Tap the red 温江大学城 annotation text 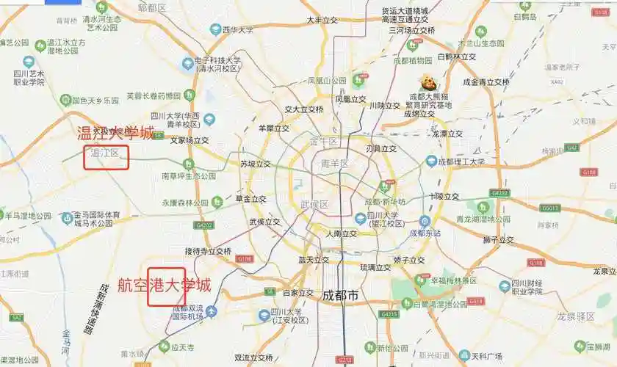point(116,133)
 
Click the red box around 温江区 point(106,157)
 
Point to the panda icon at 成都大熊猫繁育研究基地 point(426,82)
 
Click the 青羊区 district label point(335,164)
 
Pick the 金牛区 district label point(323,141)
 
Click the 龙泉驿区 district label point(575,316)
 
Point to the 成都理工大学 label point(461,161)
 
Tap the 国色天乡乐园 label point(94,100)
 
